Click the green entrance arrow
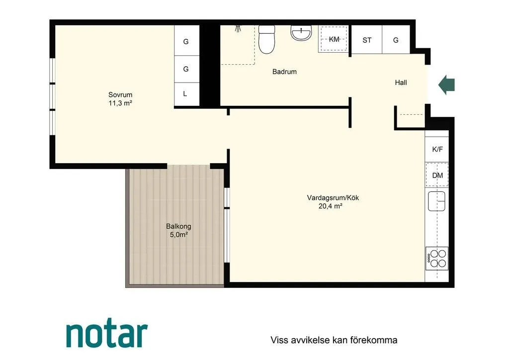tap(447, 85)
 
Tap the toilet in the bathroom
tap(267, 39)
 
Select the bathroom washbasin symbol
tap(301, 33)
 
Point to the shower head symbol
tap(239, 28)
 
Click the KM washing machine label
tap(334, 39)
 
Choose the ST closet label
tap(367, 40)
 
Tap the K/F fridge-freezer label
tap(437, 149)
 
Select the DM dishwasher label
tap(437, 176)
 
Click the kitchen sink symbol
tap(436, 201)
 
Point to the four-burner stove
tap(437, 259)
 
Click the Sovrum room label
tap(120, 95)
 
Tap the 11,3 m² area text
tap(120, 103)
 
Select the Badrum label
tap(284, 72)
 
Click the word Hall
tap(401, 83)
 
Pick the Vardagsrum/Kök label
tap(333, 198)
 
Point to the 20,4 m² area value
tap(331, 206)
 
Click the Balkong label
tap(178, 226)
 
